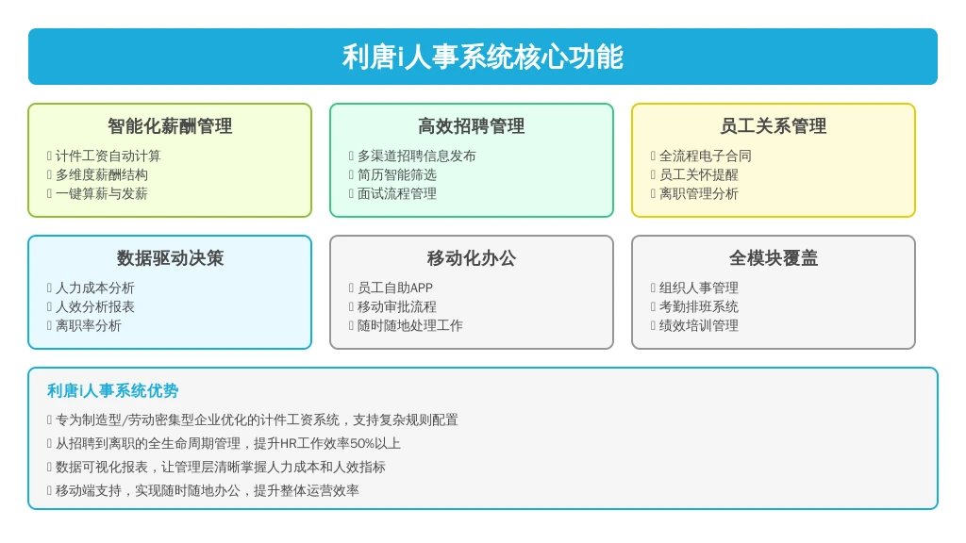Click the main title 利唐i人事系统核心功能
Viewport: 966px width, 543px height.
point(482,57)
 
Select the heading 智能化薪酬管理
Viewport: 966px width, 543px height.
point(170,126)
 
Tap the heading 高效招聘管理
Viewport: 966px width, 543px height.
point(472,126)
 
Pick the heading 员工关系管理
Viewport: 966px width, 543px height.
point(774,126)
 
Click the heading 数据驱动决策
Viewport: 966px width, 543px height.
point(170,258)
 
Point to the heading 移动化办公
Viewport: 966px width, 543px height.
point(472,258)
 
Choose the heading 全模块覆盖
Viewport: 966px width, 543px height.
point(774,258)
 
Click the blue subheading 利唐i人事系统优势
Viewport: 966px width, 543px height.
point(113,391)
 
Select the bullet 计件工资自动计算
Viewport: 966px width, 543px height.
point(108,156)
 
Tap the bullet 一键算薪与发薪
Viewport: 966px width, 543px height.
point(102,194)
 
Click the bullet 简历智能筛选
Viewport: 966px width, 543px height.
point(397,174)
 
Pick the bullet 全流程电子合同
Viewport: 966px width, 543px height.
point(706,156)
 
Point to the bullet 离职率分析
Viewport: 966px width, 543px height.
point(88,325)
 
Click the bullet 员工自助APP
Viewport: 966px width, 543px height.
point(395,288)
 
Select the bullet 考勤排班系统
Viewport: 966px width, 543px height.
point(699,306)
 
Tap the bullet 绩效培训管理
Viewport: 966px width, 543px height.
point(699,325)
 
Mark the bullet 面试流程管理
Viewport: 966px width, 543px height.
point(397,194)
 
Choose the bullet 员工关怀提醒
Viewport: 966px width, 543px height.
point(699,174)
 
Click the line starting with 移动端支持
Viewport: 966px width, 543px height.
point(207,490)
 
